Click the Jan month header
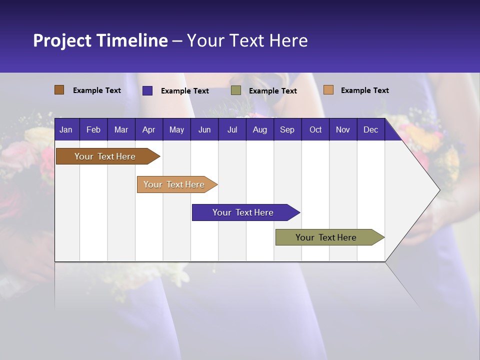pos(66,129)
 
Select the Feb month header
pos(93,129)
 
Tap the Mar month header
pos(121,129)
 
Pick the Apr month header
pos(148,129)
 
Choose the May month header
pos(176,129)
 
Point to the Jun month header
pos(204,129)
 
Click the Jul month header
pos(232,129)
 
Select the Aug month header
pos(259,129)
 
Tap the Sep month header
pos(287,129)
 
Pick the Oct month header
pos(315,129)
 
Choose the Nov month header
pos(343,129)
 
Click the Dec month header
pos(370,129)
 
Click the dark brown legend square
pos(59,90)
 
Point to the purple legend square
pos(147,90)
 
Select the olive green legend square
pos(236,90)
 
